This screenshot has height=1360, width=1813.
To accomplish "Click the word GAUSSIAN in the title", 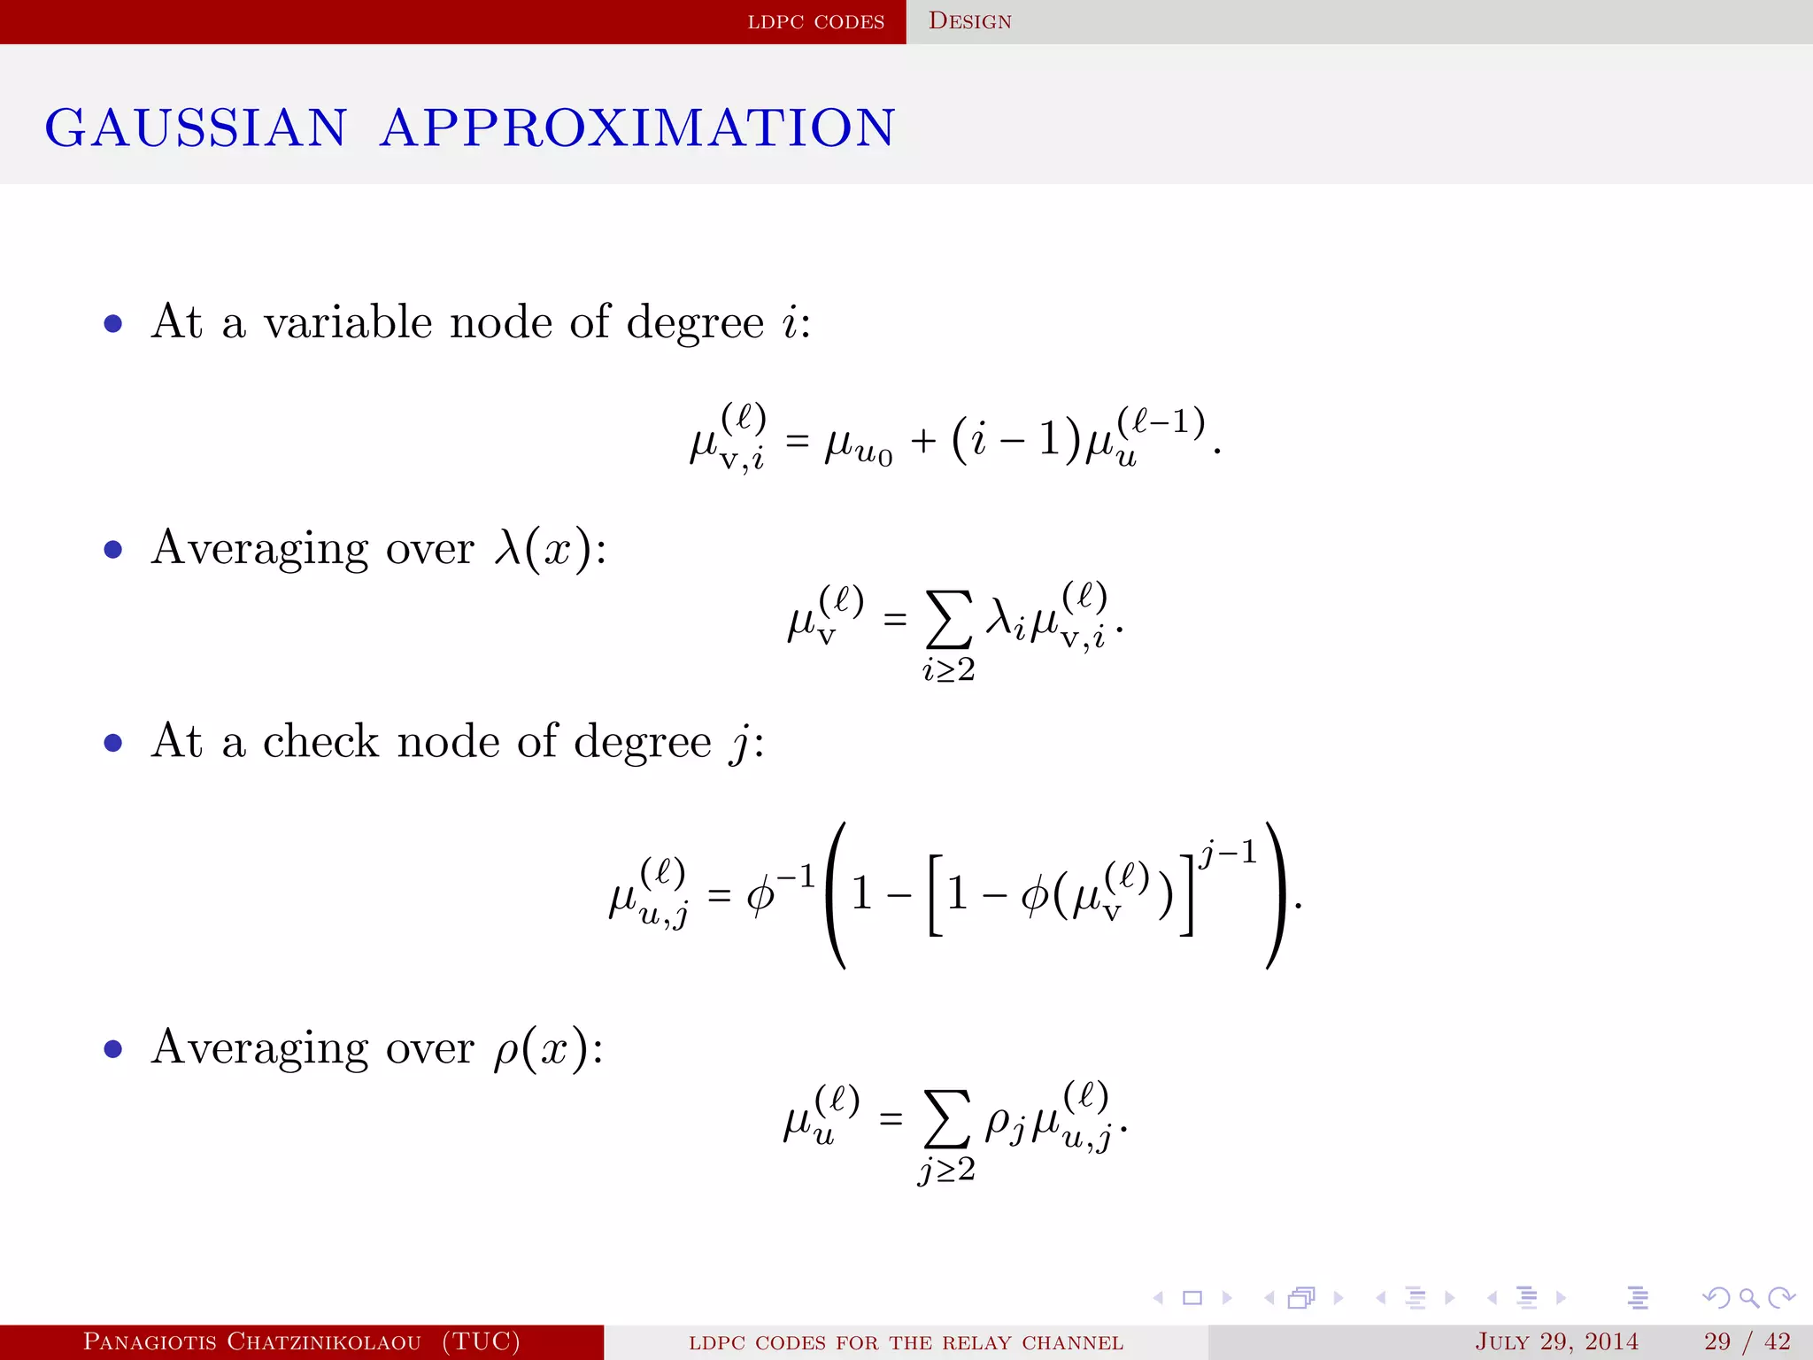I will coord(196,127).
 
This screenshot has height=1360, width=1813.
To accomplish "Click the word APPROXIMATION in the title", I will coord(637,127).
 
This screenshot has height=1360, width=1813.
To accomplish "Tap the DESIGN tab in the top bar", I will coord(969,21).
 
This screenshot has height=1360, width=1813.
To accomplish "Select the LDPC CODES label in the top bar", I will coord(815,22).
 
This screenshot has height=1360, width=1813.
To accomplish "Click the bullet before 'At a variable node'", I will coord(112,323).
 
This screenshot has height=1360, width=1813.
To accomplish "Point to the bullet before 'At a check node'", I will coord(112,743).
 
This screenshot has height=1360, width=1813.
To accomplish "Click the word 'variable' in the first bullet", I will coord(348,321).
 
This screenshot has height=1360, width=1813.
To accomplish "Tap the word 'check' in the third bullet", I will coord(320,741).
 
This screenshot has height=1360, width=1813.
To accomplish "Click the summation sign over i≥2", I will coord(947,620).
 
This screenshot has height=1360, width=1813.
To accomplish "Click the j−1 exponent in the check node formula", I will coord(1228,854).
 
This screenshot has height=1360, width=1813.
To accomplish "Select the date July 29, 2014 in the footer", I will coord(1556,1341).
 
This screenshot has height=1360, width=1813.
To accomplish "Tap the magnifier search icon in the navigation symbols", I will coord(1748,1298).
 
